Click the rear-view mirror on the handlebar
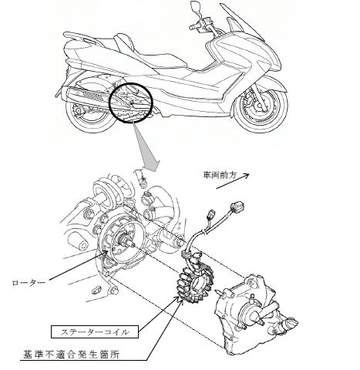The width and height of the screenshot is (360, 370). coord(196,5)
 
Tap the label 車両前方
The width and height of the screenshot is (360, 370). coord(220,176)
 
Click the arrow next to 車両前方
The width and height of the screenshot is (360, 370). coord(233,181)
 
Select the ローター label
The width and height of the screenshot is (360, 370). coord(29,283)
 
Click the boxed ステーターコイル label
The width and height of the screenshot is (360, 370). coord(95,332)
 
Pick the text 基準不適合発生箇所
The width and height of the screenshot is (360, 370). coord(71,355)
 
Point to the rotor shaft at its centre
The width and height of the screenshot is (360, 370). coord(126,241)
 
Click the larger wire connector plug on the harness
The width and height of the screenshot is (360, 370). coord(237,207)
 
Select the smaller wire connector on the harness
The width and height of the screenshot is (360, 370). coord(212,214)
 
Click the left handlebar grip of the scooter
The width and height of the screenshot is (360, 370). coord(193,27)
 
